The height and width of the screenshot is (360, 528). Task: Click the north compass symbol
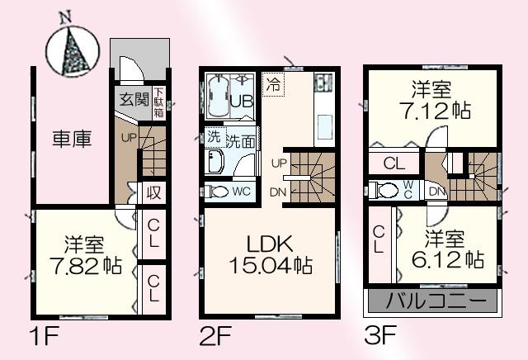pos(71,51)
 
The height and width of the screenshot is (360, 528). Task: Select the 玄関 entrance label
pos(134,99)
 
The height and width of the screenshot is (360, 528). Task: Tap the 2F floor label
pos(213,336)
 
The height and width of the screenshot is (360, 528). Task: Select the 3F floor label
pos(379,336)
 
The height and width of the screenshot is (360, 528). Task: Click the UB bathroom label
pos(241,102)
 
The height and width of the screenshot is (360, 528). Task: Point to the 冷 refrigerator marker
pos(274,84)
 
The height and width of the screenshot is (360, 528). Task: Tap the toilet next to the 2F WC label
pos(219,191)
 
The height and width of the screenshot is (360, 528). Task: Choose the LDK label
pos(270,244)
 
